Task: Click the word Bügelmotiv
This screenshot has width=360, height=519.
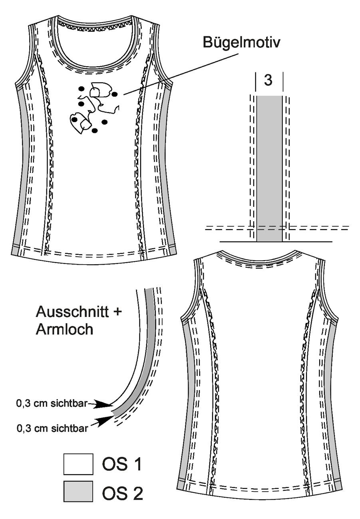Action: (241, 43)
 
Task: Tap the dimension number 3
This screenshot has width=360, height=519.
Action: (268, 80)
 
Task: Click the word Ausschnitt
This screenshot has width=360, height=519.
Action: (72, 311)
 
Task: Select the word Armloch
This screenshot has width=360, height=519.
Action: (64, 329)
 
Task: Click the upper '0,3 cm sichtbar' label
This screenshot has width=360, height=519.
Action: (52, 403)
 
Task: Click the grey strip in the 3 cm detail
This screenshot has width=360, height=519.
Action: (269, 168)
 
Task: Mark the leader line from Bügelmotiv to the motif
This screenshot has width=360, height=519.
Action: (181, 74)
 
